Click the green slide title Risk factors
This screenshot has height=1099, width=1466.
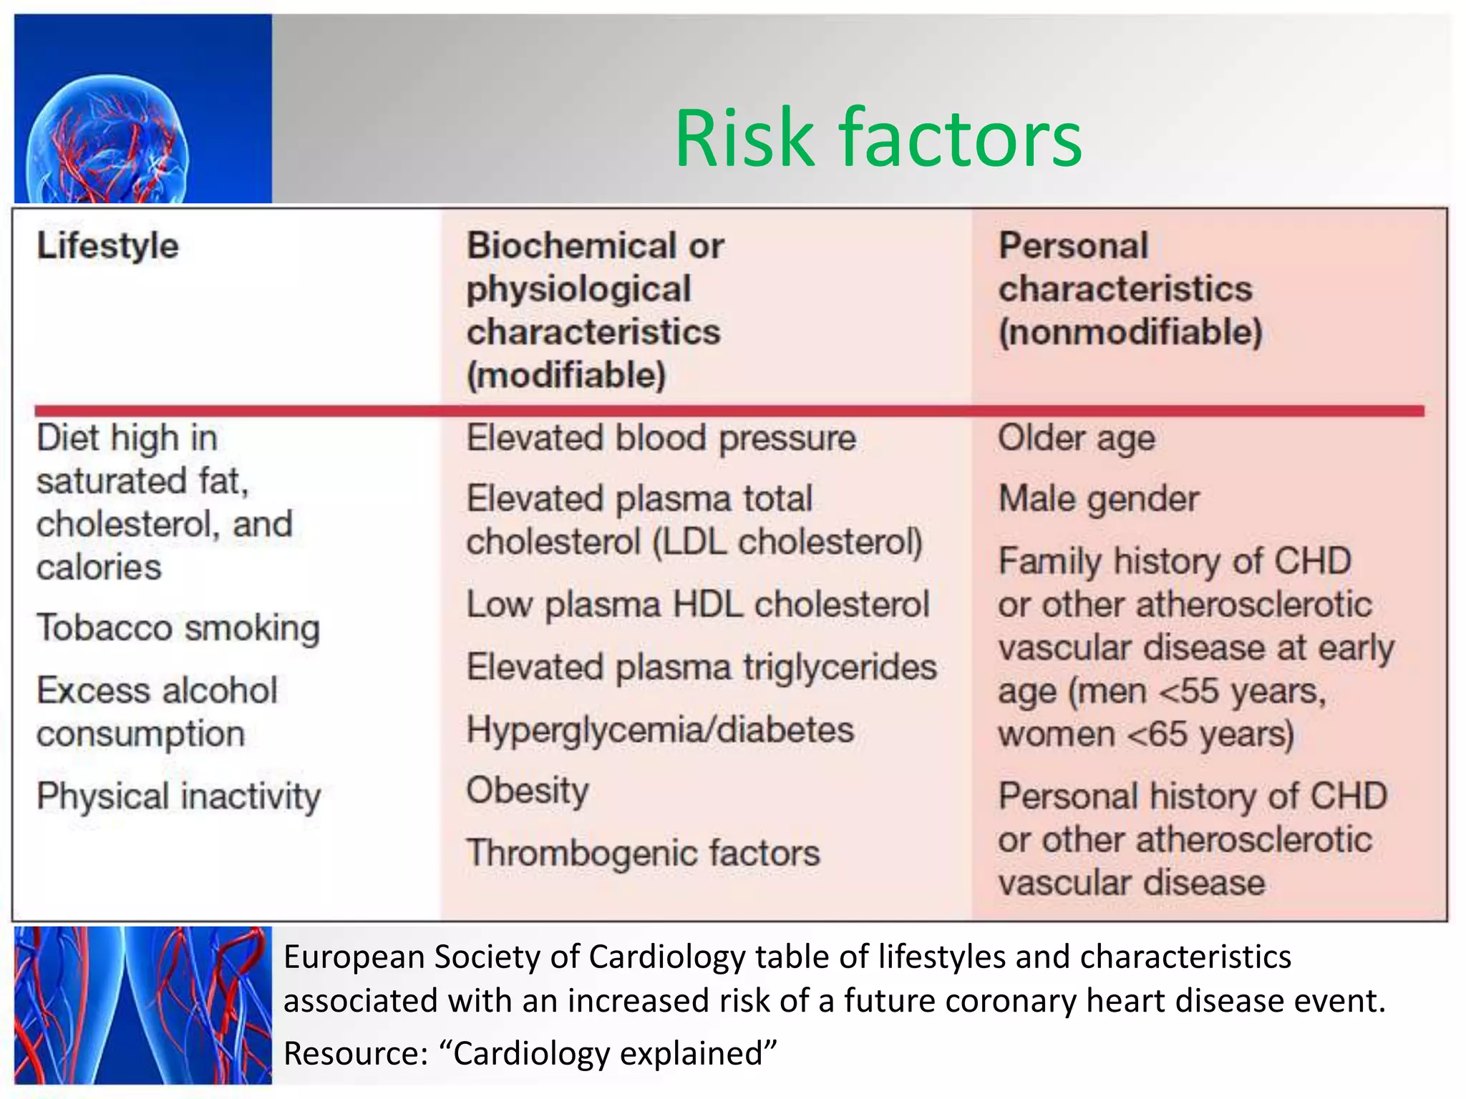click(x=878, y=137)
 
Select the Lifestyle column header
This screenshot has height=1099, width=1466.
click(x=107, y=246)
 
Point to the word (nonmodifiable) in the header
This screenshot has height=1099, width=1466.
click(x=1130, y=333)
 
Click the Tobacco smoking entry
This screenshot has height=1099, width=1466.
click(x=178, y=628)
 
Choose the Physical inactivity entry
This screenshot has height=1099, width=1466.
click(x=178, y=796)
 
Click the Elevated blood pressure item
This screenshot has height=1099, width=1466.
click(x=661, y=438)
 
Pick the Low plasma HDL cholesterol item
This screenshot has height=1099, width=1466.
click(x=697, y=605)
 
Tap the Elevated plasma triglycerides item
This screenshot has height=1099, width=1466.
click(x=702, y=668)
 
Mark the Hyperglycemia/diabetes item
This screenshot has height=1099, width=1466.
click(x=660, y=731)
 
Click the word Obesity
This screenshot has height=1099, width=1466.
click(x=528, y=791)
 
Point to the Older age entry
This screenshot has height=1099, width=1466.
click(x=1076, y=439)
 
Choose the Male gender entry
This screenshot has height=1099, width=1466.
click(x=1098, y=499)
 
